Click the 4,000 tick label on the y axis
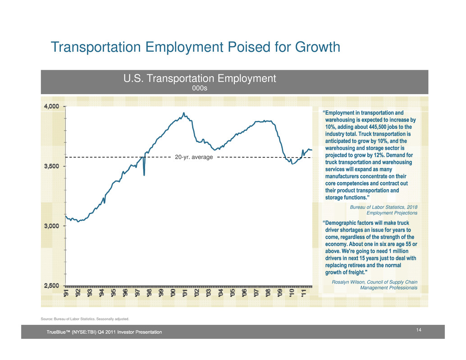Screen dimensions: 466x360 tap(52, 106)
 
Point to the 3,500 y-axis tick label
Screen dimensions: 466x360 tap(52, 166)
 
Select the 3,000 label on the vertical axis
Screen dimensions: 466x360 tap(52, 226)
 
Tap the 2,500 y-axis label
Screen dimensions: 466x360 tap(52, 286)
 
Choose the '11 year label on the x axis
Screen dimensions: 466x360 tap(303, 292)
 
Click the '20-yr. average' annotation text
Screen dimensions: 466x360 tap(194, 157)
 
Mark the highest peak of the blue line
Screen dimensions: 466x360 tap(184, 113)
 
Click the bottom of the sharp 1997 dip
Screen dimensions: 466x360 tap(144, 175)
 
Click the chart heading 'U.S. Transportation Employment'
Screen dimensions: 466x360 tap(200, 78)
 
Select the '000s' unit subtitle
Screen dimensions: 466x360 tap(200, 88)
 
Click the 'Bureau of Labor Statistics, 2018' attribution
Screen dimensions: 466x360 tap(384, 207)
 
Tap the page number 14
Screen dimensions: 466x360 tap(418, 330)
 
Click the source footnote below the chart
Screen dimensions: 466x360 tap(85, 319)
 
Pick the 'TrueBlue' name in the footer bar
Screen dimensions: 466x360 tap(56, 332)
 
